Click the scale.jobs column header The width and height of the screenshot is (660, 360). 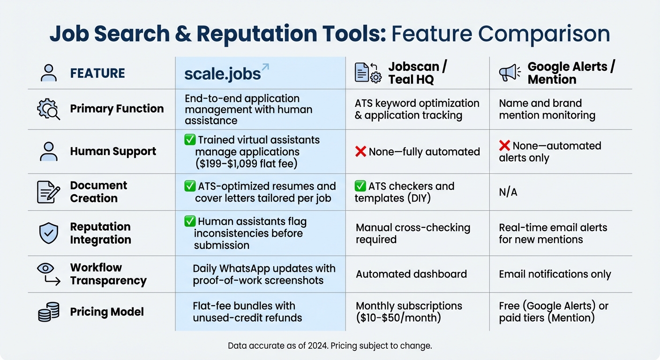(x=223, y=74)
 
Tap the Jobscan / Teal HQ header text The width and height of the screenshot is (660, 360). (x=417, y=73)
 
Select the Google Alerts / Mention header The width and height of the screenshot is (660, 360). (x=571, y=73)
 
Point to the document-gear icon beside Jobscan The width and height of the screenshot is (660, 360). (x=368, y=73)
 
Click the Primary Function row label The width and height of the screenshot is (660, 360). (x=117, y=109)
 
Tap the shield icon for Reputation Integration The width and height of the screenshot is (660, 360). (x=49, y=233)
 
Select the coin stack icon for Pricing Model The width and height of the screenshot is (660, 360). (x=49, y=312)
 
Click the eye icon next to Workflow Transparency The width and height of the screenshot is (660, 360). (x=45, y=268)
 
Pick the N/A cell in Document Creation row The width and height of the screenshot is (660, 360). (x=508, y=193)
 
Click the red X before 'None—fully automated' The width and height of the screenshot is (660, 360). (x=360, y=152)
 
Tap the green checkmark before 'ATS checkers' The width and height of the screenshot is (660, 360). (x=360, y=186)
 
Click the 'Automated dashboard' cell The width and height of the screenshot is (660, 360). (x=411, y=274)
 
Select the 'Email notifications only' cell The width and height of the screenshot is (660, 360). (x=555, y=274)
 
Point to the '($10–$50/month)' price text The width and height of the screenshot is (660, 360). (x=397, y=318)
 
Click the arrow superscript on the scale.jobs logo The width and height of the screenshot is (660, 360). (x=265, y=67)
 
